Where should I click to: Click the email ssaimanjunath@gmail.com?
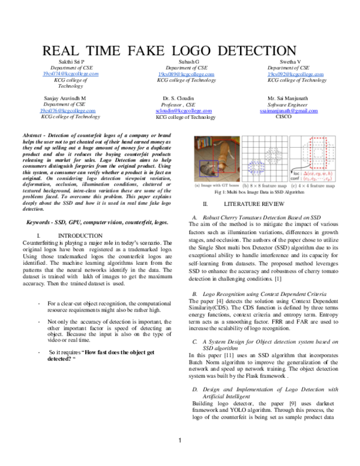tap(288, 111)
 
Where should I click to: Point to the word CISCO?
tap(283, 117)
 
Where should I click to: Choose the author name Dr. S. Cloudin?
tap(181, 97)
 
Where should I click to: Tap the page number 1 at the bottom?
tap(180, 458)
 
